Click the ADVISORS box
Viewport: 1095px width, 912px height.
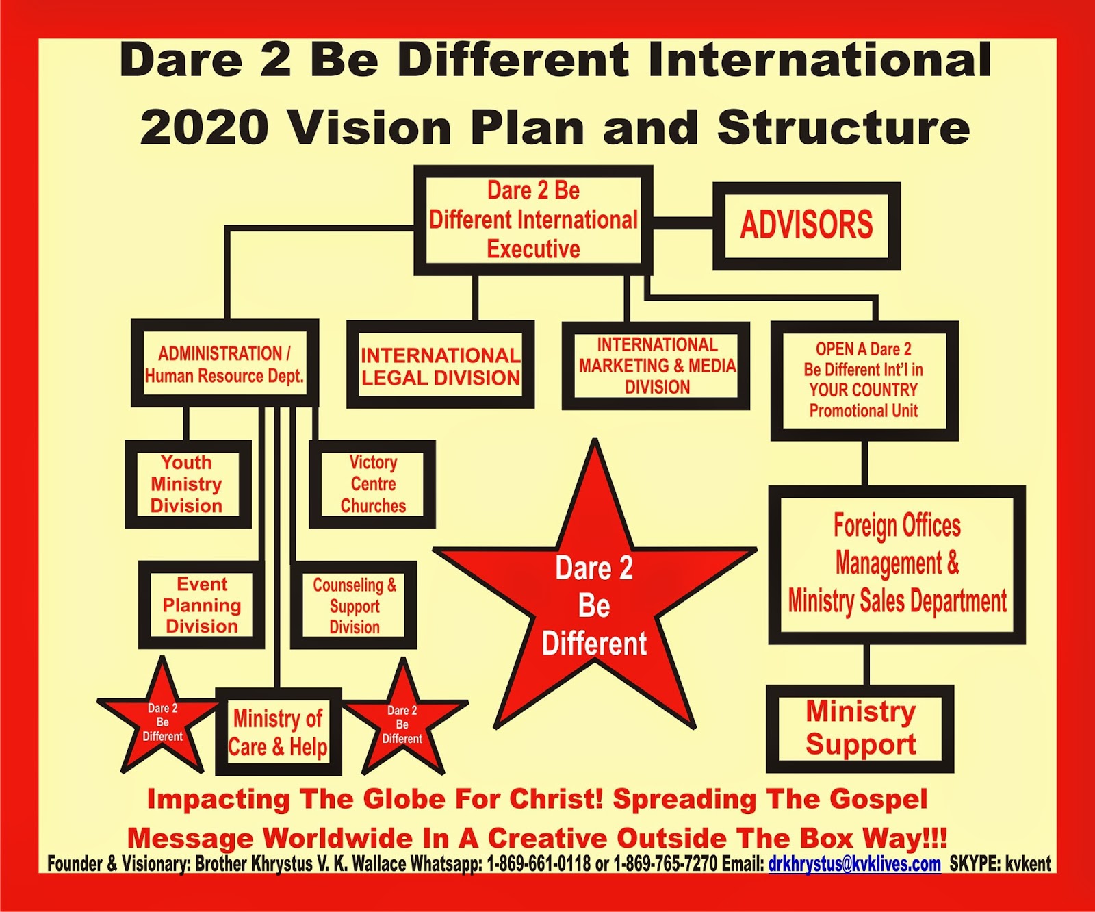point(806,225)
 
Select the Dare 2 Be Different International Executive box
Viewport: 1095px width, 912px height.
point(533,220)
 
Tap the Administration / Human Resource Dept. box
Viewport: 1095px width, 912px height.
point(224,364)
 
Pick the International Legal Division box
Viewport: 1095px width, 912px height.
point(440,366)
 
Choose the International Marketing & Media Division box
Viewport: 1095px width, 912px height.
point(656,366)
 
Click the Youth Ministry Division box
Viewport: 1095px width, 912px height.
point(187,484)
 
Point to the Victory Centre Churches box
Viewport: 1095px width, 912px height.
point(373,484)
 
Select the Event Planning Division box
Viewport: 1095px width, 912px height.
point(202,605)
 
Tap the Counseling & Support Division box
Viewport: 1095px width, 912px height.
point(354,605)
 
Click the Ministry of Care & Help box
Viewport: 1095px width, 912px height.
point(278,733)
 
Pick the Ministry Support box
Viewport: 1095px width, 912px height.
point(860,728)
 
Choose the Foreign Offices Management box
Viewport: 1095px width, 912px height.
point(897,564)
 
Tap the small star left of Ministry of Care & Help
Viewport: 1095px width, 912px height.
point(162,722)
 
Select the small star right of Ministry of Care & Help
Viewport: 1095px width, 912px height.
point(402,724)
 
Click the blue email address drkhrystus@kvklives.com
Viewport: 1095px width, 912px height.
point(854,864)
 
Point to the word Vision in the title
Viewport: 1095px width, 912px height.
point(368,127)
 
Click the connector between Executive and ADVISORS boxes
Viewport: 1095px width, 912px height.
point(682,225)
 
